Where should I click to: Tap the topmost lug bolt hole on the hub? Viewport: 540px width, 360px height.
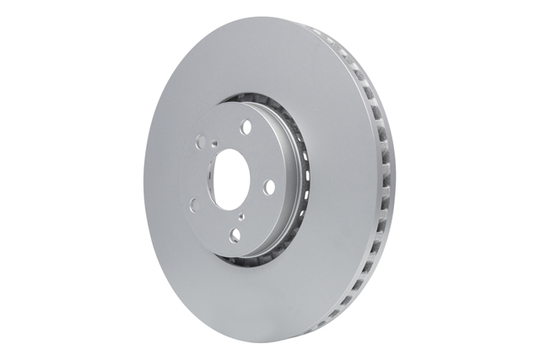click(x=246, y=126)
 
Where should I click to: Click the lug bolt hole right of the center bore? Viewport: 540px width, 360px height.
click(x=270, y=187)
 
